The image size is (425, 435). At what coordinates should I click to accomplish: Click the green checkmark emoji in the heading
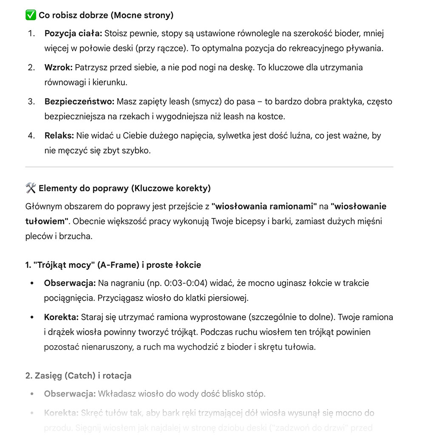click(30, 15)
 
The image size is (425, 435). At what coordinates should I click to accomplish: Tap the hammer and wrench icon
click(31, 188)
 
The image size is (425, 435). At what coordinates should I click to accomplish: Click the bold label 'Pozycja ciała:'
click(73, 33)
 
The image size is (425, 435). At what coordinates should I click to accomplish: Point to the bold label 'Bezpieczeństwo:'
click(79, 102)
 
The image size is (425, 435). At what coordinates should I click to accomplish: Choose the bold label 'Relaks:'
click(59, 136)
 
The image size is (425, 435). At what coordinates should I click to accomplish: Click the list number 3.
click(31, 102)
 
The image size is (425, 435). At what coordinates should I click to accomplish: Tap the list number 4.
click(31, 136)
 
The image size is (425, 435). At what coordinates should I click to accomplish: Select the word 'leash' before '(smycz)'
click(175, 102)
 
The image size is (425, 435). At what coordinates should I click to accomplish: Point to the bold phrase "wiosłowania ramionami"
click(264, 207)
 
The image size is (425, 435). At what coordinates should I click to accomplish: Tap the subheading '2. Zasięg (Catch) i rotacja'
click(78, 375)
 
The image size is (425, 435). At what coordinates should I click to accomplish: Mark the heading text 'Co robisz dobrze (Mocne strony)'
click(106, 15)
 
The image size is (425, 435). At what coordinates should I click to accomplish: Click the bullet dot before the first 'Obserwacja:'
click(31, 283)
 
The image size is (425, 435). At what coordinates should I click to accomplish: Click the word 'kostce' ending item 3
click(270, 116)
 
